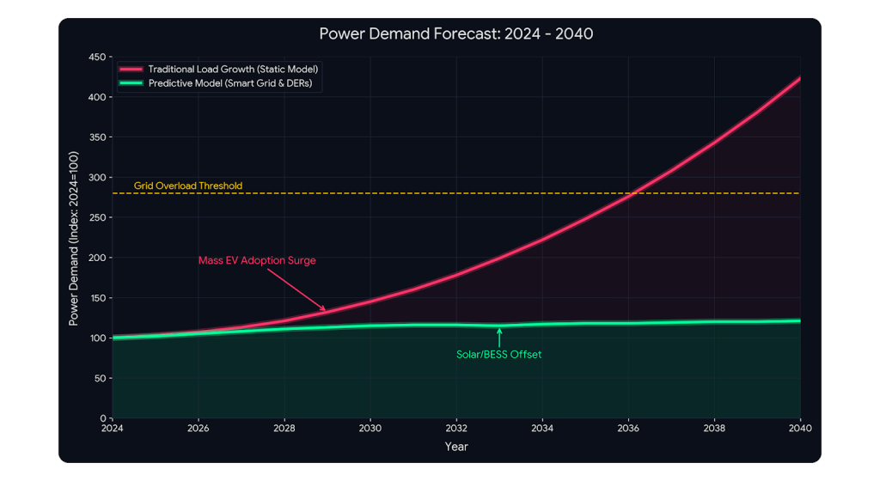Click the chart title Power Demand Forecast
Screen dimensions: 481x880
[x=456, y=34]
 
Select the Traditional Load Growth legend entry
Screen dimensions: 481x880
[x=237, y=68]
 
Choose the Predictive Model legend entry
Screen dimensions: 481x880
[x=233, y=83]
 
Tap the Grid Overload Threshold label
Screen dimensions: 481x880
[x=188, y=186]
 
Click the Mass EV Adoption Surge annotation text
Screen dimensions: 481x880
[x=257, y=261]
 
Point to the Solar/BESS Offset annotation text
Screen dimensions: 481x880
[x=498, y=354]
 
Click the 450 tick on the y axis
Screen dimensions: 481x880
[x=97, y=58]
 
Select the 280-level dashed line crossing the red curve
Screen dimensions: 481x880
[x=632, y=193]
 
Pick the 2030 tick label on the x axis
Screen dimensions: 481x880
[x=370, y=428]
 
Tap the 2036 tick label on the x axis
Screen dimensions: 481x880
[x=628, y=428]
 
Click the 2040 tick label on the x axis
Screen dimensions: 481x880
[x=800, y=428]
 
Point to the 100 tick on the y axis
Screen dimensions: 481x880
[x=97, y=338]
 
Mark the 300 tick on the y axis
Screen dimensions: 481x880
[x=97, y=178]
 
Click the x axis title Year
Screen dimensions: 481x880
[x=456, y=447]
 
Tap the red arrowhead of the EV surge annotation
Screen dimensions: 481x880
[x=323, y=308]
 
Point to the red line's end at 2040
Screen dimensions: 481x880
[x=799, y=79]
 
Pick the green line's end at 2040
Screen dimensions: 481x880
[x=799, y=321]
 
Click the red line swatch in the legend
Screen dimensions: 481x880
[x=131, y=68]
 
